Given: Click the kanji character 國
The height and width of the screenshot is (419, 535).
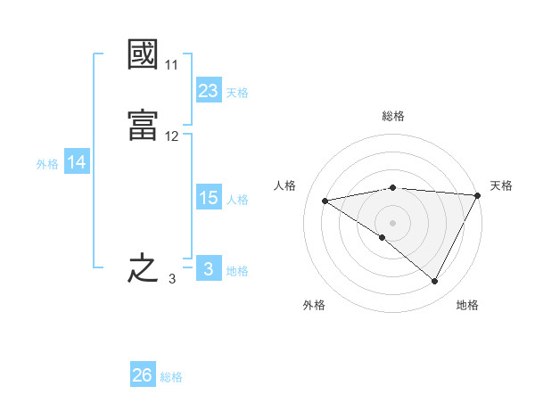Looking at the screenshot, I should pos(143,55).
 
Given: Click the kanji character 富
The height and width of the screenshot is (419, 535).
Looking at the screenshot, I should pos(143,124).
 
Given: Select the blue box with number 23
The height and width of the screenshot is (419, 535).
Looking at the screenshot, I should pos(209,91).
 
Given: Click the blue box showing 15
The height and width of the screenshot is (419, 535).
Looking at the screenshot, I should pos(209,198).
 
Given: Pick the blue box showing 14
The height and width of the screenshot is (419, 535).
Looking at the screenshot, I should pos(77,162).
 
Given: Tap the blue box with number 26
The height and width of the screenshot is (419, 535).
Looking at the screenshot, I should pos(143,375).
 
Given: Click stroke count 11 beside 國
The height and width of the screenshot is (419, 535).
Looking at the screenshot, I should pos(172,65).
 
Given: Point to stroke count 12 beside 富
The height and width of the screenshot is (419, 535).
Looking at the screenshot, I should pos(172,136).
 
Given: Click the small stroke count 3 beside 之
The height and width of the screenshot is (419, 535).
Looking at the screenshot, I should pos(171,279).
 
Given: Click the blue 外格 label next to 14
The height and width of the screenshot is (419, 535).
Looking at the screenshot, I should pos(47,164).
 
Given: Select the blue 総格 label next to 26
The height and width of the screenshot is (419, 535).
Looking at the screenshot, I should pos(172,377).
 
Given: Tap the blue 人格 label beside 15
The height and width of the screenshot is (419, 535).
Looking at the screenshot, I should pos(238,200).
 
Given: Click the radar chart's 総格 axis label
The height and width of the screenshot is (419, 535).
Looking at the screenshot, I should pos(393,116).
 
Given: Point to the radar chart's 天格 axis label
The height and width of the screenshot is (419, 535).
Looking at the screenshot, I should pos(501,185).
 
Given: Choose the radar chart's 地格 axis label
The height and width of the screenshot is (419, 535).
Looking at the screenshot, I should pos(467,305).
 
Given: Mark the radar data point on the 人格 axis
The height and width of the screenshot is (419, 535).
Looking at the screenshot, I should pos(325,201).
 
